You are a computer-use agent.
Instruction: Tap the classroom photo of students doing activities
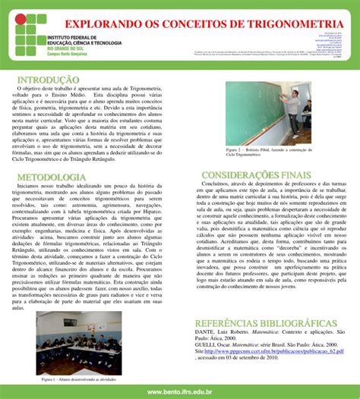tap(79, 342)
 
